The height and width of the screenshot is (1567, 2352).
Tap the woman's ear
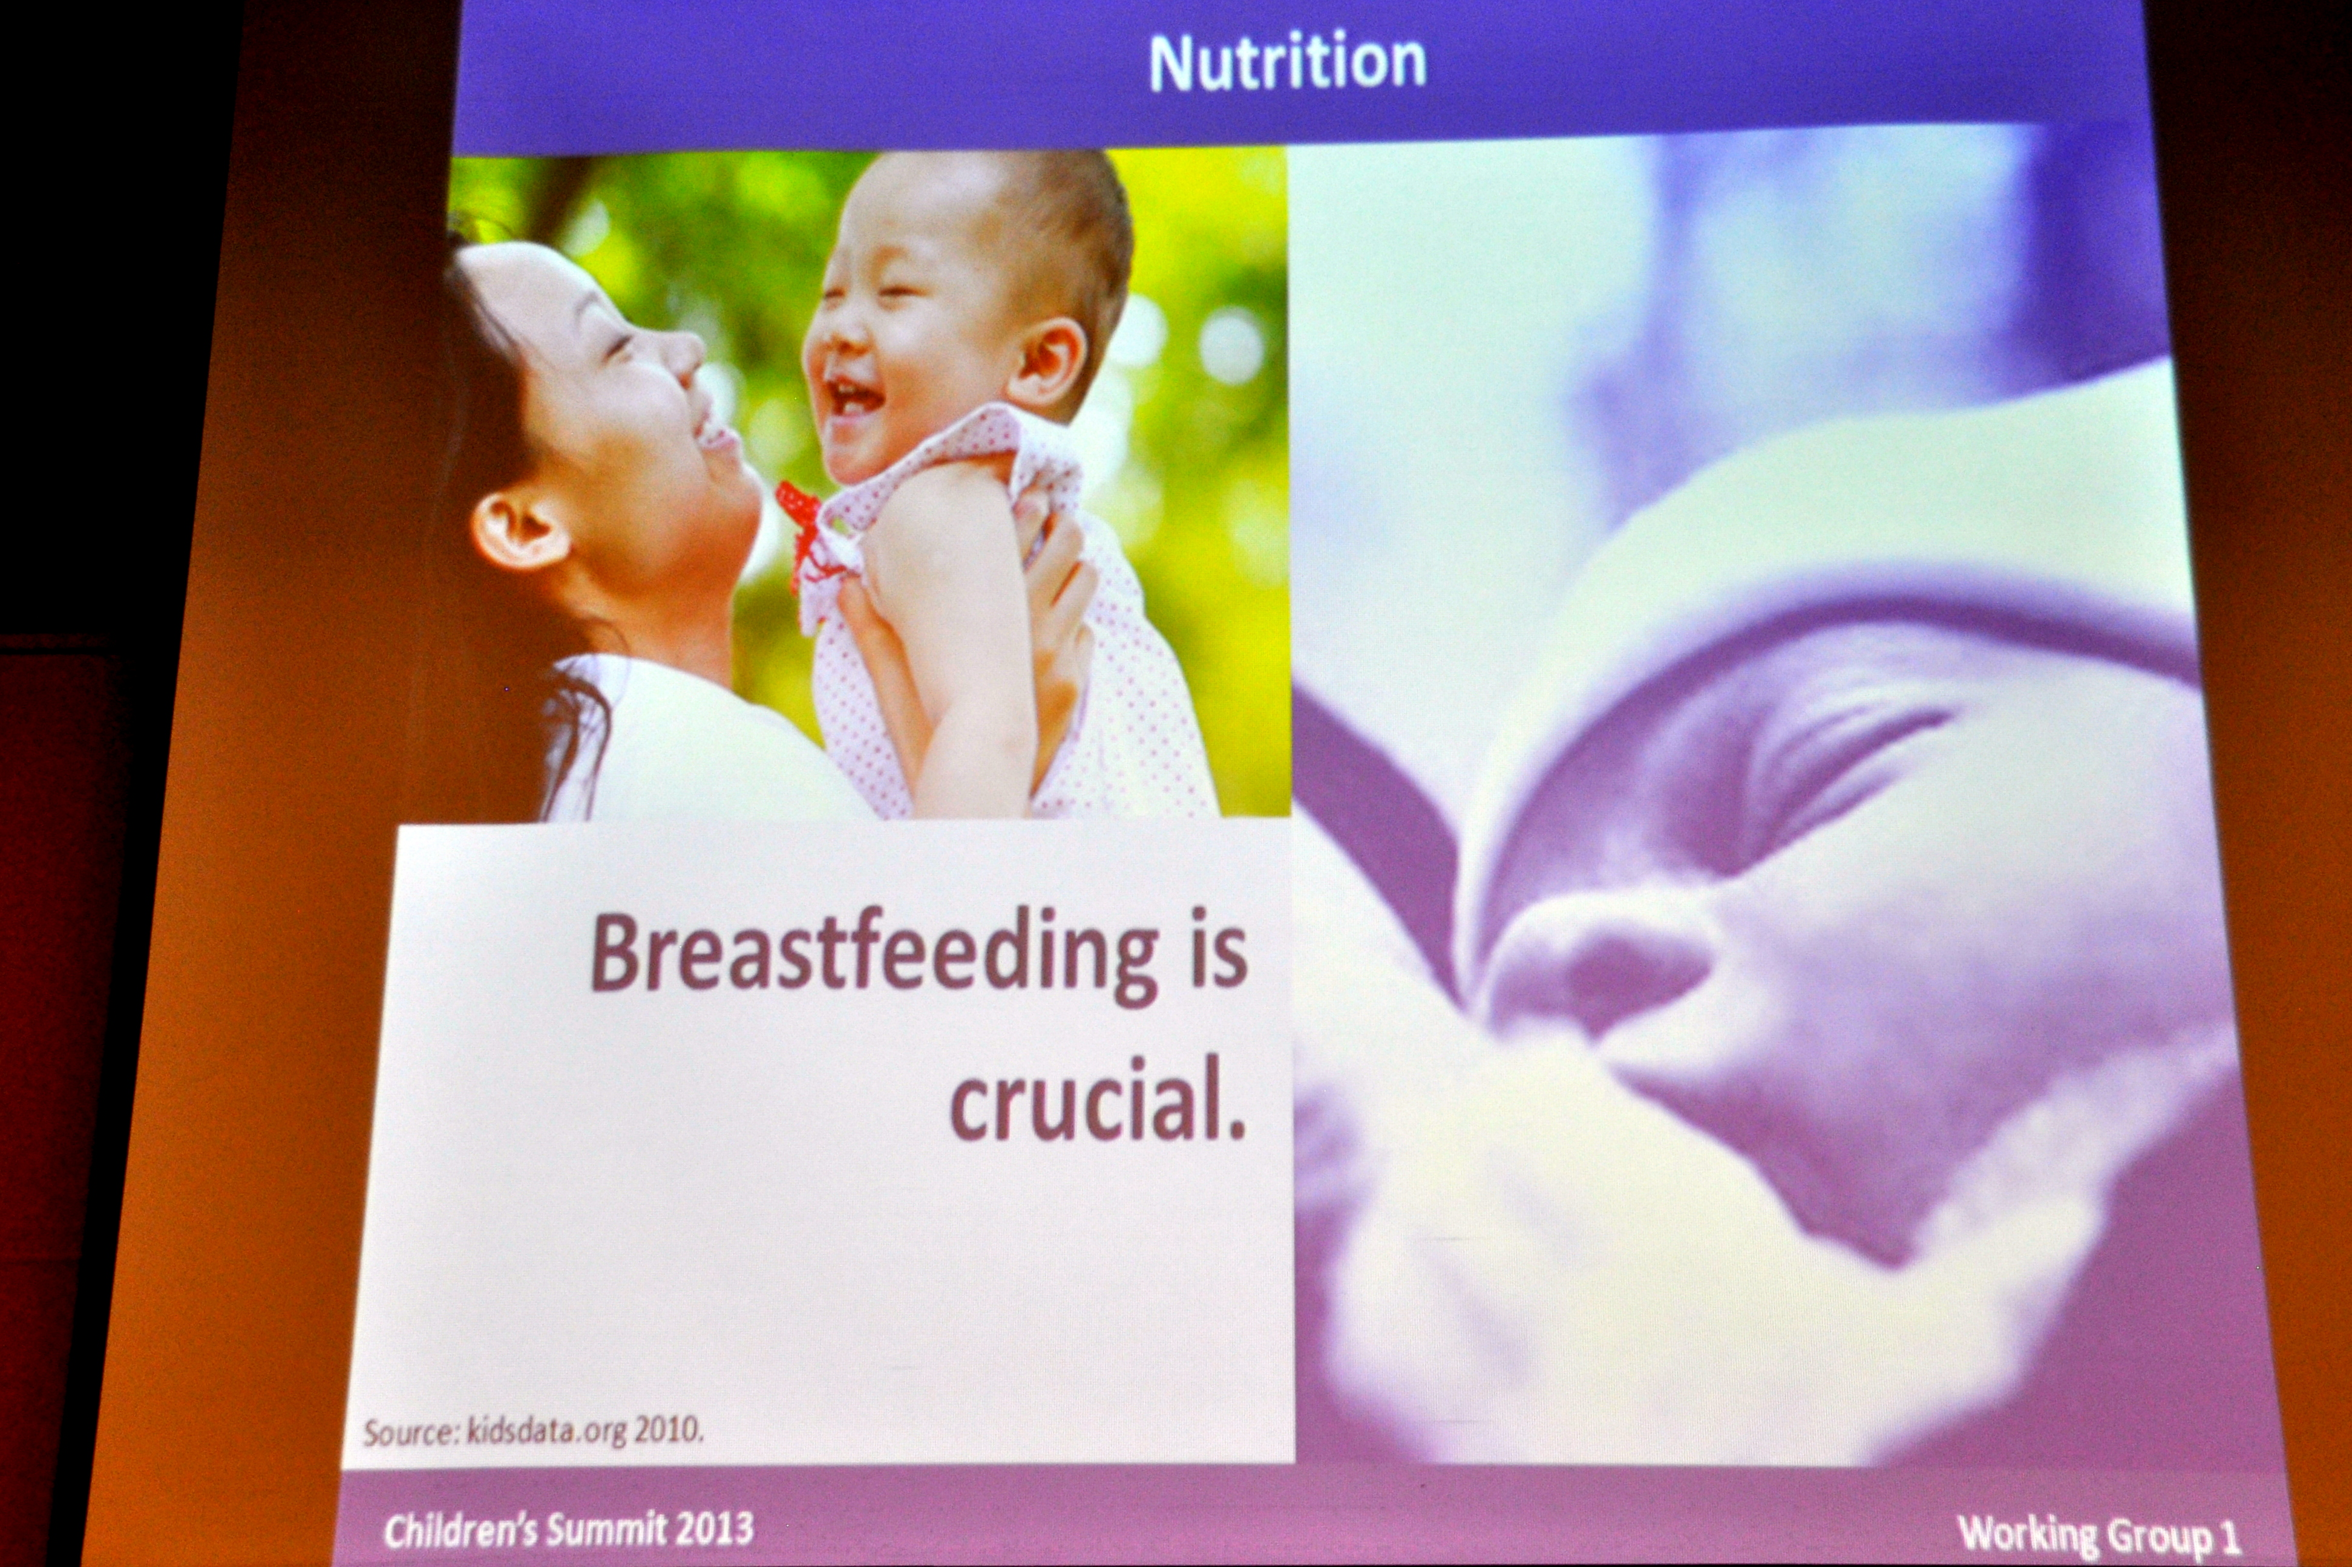515,532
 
